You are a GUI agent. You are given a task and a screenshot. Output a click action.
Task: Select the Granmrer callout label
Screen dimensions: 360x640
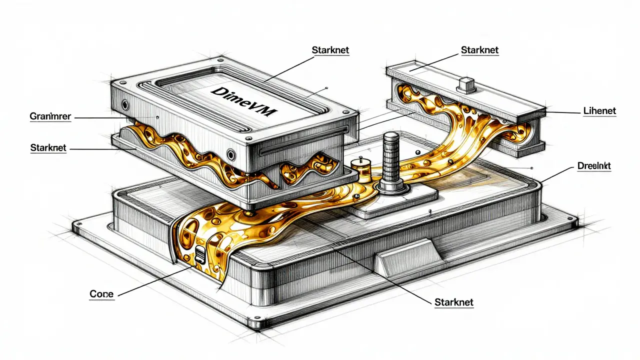coord(50,116)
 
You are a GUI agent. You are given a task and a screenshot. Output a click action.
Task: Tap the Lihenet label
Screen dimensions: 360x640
coord(599,110)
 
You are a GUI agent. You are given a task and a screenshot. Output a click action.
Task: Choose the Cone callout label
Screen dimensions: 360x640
coord(101,294)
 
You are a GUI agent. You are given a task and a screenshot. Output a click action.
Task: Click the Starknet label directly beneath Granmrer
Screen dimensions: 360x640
coord(48,148)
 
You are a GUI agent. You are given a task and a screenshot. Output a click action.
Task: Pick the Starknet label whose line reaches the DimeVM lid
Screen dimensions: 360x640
coord(331,50)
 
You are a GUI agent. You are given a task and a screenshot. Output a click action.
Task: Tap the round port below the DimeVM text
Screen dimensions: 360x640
coord(230,153)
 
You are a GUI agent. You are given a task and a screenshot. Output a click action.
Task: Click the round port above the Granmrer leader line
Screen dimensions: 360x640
coord(124,105)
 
